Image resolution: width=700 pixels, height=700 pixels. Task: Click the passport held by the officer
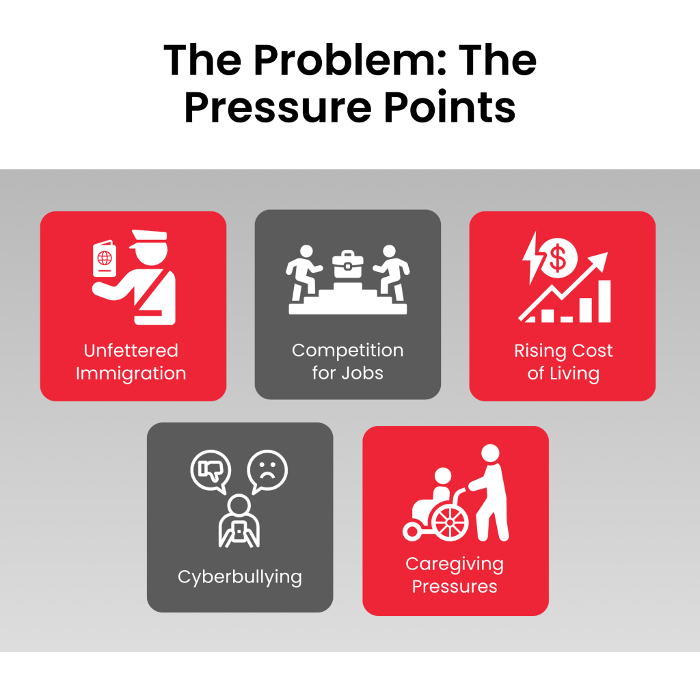point(105,259)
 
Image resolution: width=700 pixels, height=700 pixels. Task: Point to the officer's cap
point(148,238)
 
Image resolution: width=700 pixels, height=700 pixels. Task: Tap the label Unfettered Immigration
point(131,362)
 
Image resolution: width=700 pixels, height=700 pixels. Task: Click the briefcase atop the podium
point(348,264)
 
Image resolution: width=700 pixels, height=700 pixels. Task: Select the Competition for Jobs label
point(348,361)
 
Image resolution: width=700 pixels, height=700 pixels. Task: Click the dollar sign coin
point(558,258)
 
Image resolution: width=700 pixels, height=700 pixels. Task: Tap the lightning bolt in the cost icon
point(532,257)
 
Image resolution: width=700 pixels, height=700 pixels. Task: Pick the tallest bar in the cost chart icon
point(604,301)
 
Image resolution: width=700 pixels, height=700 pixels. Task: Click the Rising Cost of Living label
point(563,362)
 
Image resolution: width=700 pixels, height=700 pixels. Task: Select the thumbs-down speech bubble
point(211,472)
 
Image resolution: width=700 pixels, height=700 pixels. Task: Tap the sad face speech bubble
point(267,472)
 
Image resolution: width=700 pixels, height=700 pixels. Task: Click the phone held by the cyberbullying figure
point(239,531)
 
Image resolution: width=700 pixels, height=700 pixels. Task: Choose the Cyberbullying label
point(240,577)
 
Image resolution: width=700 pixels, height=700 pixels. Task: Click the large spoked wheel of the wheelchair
point(450,523)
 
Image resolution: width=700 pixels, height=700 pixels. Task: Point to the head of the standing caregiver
point(490,453)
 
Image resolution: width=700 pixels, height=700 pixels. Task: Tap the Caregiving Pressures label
point(455,575)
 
